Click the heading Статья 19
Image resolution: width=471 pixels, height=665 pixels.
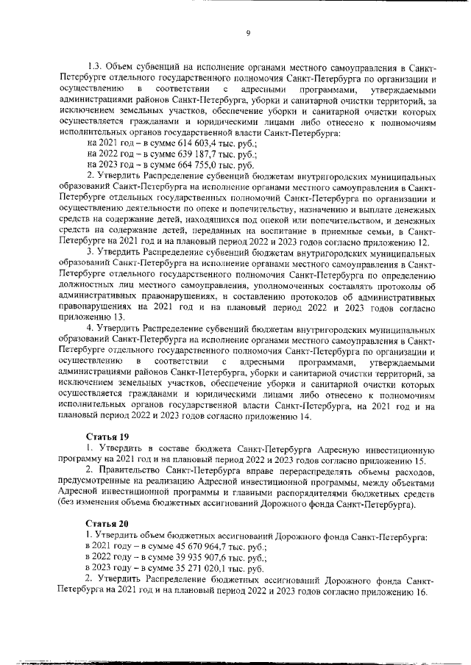tap(105, 436)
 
